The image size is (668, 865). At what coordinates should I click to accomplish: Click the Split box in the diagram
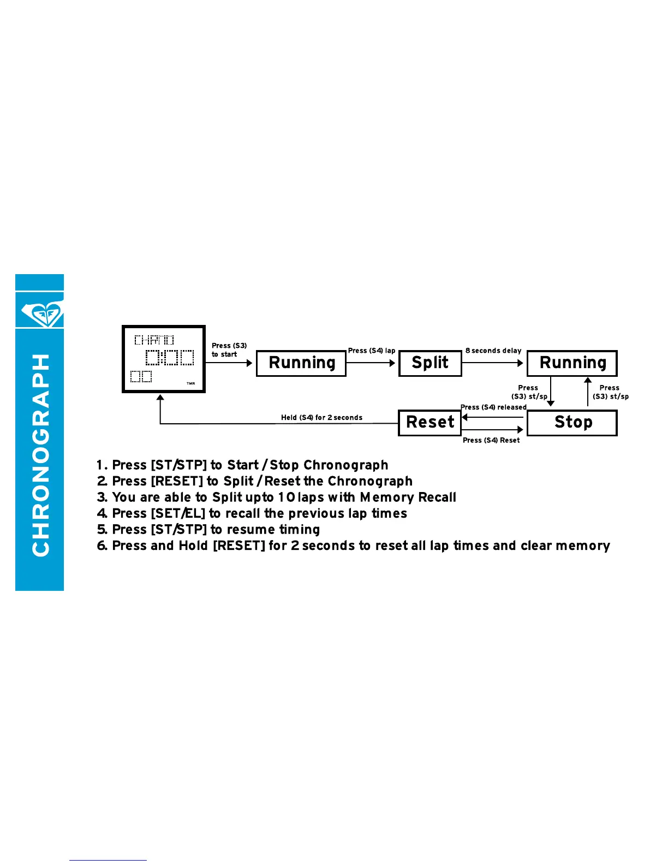click(430, 363)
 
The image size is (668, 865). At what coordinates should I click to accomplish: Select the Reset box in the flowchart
click(430, 423)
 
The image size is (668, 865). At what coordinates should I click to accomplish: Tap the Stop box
click(572, 423)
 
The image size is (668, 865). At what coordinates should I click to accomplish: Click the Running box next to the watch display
click(301, 363)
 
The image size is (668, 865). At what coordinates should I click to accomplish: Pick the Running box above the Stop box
click(572, 363)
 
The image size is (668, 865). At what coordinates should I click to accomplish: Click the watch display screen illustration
click(164, 359)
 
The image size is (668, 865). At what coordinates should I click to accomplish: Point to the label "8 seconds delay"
click(493, 351)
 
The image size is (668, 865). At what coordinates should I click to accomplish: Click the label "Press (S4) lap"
click(372, 351)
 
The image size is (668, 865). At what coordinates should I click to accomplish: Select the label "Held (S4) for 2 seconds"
click(321, 418)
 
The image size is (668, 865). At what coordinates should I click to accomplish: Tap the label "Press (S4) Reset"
click(491, 440)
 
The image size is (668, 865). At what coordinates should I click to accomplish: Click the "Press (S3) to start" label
click(229, 350)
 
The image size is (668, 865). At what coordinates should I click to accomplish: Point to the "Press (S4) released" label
click(494, 407)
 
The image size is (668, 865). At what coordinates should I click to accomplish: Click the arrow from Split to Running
click(493, 363)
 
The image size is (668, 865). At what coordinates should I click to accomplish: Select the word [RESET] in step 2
click(177, 482)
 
